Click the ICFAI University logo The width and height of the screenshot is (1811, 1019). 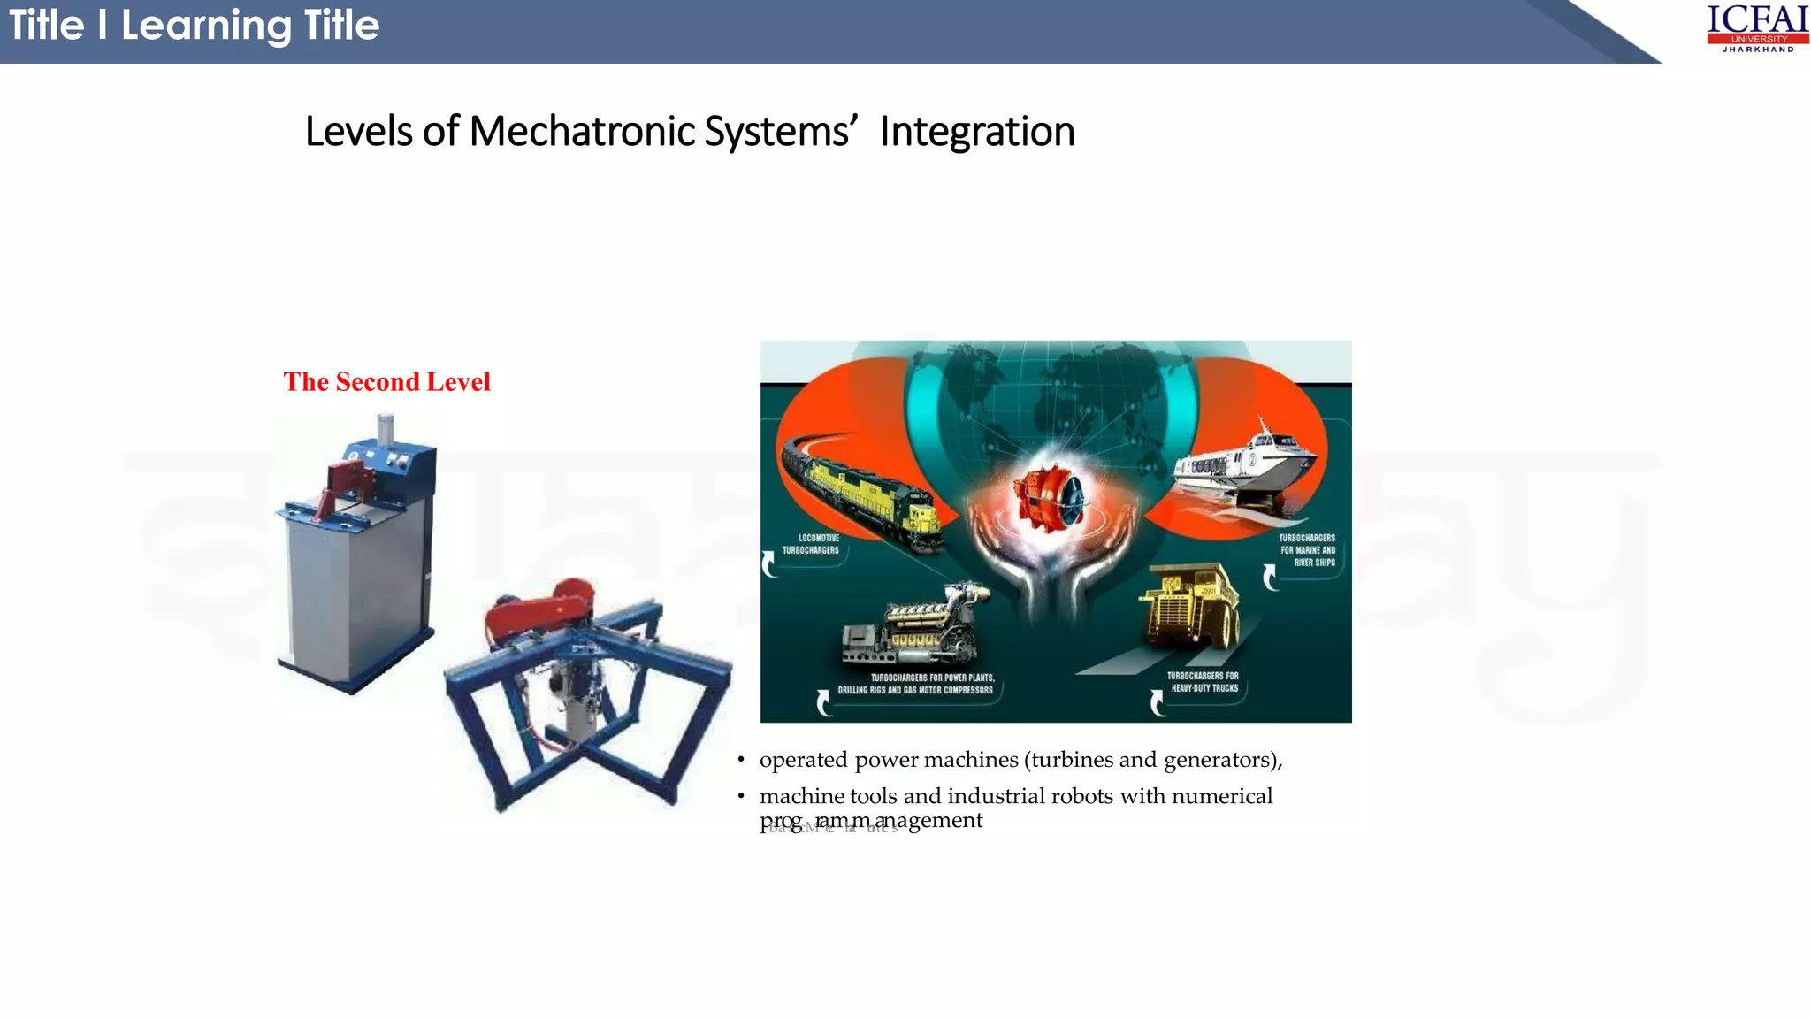point(1757,28)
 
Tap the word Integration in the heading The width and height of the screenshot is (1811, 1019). point(976,132)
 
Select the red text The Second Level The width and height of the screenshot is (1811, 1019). point(386,381)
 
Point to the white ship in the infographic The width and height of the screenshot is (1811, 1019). point(1246,470)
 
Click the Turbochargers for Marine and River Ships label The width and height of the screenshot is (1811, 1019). point(1307,550)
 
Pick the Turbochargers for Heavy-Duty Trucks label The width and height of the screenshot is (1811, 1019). point(1204,682)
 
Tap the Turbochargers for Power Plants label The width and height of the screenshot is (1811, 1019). point(916,684)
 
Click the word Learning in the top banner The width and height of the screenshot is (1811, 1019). point(206,26)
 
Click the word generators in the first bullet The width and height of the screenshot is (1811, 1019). point(1219,760)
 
